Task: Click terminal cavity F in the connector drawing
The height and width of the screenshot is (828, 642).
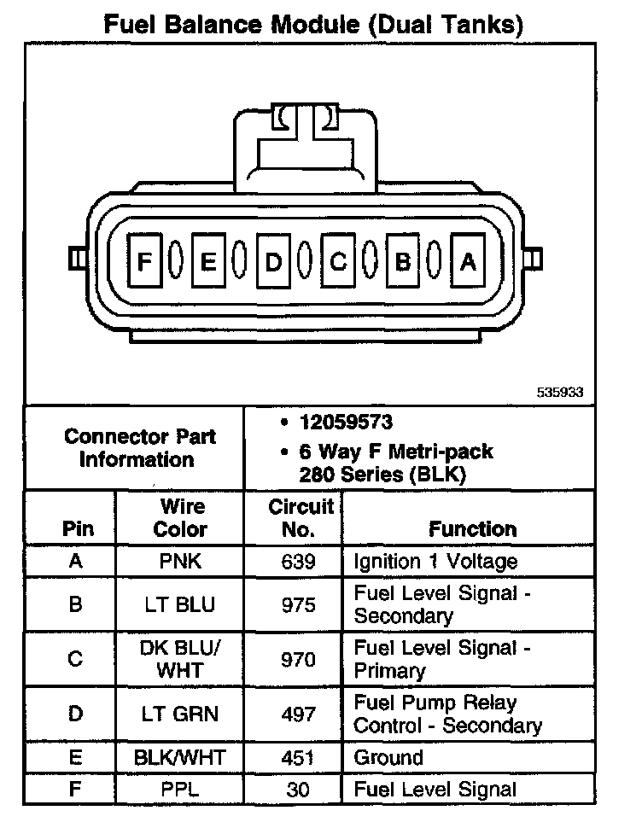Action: [x=144, y=261]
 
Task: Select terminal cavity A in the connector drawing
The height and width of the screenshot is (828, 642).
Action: [x=467, y=261]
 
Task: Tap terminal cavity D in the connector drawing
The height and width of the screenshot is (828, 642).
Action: [x=273, y=261]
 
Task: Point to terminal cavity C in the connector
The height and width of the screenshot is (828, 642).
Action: [x=338, y=261]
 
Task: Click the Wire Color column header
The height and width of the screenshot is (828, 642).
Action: [x=180, y=517]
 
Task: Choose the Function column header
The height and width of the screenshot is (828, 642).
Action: [x=472, y=528]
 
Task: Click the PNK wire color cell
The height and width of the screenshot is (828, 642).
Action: [x=180, y=561]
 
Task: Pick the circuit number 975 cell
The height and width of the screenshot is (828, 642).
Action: [x=299, y=604]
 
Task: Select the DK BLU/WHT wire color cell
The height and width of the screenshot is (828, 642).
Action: [x=180, y=659]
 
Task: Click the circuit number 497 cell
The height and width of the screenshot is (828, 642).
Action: [x=299, y=714]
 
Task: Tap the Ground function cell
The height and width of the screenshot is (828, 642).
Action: [x=388, y=757]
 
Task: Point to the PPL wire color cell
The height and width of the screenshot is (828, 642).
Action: [x=180, y=790]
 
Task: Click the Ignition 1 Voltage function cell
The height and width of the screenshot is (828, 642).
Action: [x=435, y=561]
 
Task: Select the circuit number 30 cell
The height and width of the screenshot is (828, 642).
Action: [x=299, y=790]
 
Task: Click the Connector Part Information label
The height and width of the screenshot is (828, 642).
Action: [x=141, y=447]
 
